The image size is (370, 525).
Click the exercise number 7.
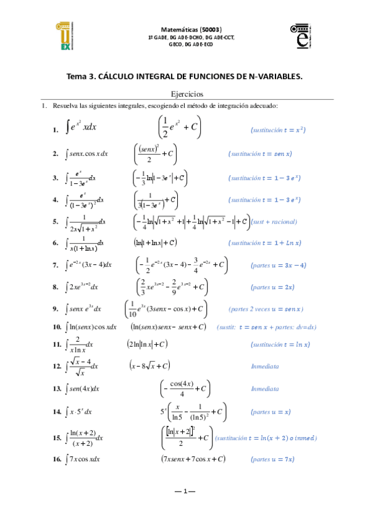click(56, 266)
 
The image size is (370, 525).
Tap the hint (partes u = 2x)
click(272, 287)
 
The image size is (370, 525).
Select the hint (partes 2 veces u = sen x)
click(266, 309)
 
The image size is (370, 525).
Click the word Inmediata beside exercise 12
click(265, 367)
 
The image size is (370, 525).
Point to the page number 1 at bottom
click(185, 491)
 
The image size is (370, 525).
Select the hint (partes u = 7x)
click(272, 459)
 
